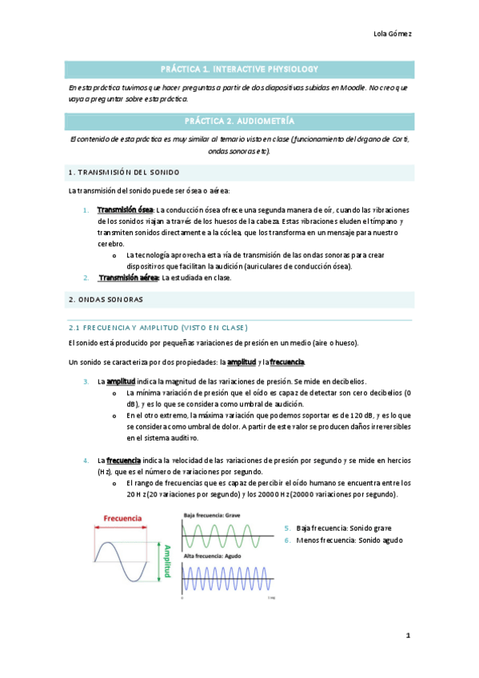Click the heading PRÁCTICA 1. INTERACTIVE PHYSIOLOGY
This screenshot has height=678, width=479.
(240, 69)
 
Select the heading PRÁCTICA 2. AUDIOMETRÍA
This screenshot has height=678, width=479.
(240, 121)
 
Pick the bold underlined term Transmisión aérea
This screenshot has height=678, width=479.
(128, 277)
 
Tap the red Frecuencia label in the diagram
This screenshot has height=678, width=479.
(122, 519)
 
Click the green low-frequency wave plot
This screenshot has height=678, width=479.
(229, 533)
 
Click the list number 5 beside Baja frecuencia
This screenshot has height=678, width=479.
(287, 528)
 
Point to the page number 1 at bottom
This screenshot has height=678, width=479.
(408, 636)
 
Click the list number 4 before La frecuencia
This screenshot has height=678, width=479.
(86, 461)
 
